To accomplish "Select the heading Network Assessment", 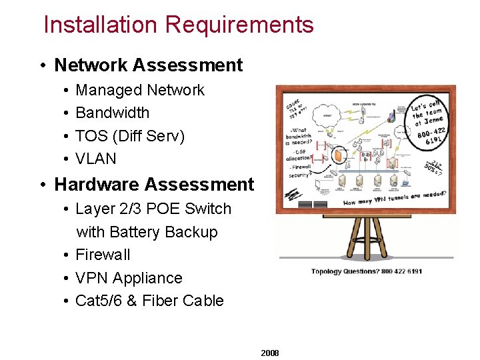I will point(148,65).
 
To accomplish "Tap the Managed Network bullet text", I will point(140,90).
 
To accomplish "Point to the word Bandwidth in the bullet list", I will point(112,113).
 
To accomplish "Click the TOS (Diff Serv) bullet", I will point(130,136).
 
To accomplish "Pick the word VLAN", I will point(96,159).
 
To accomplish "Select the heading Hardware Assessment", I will point(154,184).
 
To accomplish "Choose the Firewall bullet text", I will point(103,255).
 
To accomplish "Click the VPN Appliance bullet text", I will point(129,278).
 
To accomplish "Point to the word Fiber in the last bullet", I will point(161,301).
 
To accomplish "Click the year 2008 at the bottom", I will point(270,353).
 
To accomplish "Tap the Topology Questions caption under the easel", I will point(366,271).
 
